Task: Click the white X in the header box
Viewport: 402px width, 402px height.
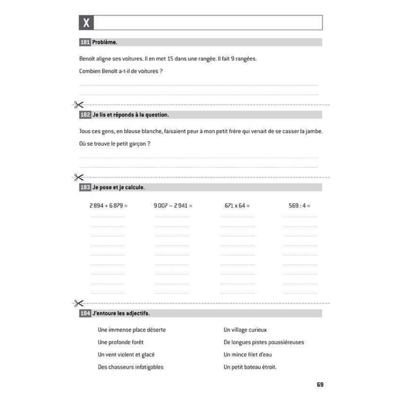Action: point(86,23)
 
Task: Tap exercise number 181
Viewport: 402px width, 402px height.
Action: point(85,42)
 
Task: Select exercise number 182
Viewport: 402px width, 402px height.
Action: point(85,115)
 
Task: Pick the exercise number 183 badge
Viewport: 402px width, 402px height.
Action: point(85,187)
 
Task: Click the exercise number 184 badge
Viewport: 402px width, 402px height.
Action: point(85,313)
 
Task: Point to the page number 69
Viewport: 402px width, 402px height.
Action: point(320,385)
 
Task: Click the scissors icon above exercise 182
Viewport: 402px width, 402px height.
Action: point(79,105)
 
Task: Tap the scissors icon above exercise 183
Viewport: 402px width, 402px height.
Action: point(79,177)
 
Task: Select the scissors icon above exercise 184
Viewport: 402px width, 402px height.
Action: point(79,303)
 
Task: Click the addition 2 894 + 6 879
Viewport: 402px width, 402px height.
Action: point(108,206)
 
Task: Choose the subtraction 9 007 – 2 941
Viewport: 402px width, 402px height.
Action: point(173,206)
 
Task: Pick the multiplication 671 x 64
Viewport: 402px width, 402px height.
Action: point(237,206)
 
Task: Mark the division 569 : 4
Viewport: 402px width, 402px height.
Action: point(299,206)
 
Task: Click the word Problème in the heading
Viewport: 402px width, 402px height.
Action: point(105,42)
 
